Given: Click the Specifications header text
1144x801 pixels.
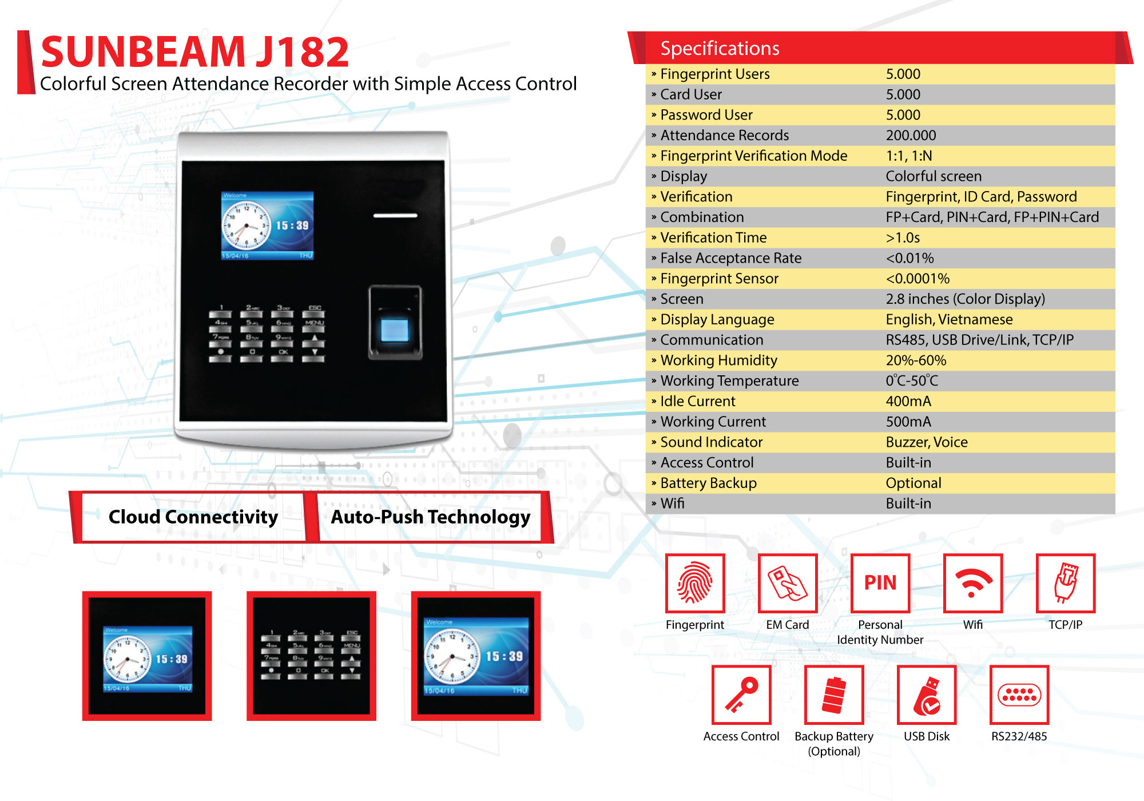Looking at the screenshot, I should (x=720, y=49).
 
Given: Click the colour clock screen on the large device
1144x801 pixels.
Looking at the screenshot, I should (x=267, y=225).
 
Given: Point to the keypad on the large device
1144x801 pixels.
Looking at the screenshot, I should (x=267, y=334).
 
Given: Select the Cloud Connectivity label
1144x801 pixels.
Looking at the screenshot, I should (x=193, y=517).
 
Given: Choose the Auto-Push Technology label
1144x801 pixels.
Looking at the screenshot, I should (x=430, y=517).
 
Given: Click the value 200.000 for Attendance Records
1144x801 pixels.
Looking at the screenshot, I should (x=911, y=136).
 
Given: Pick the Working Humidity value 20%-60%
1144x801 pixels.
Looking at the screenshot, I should (x=916, y=360).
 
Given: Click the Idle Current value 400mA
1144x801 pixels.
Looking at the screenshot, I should (x=908, y=402).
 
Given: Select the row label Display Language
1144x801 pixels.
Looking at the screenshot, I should (x=717, y=319).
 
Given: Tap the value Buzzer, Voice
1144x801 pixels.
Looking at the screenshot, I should (x=927, y=442).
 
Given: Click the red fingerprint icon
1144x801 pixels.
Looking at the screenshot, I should (x=695, y=583).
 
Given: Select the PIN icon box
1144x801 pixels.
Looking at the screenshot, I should (x=880, y=583).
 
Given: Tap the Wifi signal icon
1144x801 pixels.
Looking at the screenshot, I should (x=972, y=583).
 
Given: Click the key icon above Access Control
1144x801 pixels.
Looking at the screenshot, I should (x=741, y=695).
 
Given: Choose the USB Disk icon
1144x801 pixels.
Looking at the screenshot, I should (x=927, y=695).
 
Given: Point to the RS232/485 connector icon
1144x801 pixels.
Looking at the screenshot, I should (x=1019, y=695).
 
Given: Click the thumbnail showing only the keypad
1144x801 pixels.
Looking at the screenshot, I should (x=311, y=656).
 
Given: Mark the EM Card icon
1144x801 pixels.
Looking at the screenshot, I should (x=788, y=583).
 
